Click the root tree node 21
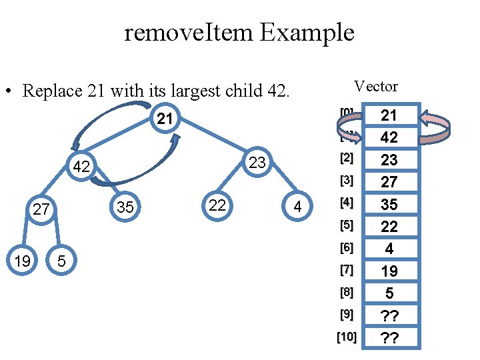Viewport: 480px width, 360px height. coord(165,119)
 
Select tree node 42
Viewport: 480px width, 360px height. coord(81,167)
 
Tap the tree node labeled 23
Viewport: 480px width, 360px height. coord(257,163)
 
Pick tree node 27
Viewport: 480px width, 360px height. coord(41,209)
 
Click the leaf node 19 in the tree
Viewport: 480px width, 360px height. coord(22,260)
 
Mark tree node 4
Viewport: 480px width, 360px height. coord(297,208)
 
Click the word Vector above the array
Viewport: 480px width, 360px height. coord(376,87)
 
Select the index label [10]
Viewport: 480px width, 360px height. coord(347,337)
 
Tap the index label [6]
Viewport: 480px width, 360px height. coord(347,248)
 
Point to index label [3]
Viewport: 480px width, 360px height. coord(347,181)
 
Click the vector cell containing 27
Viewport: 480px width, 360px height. coord(389,182)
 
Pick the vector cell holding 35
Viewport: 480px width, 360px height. coord(389,204)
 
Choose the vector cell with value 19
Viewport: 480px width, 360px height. coord(389,271)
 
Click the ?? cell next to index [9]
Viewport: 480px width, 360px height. coord(389,315)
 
